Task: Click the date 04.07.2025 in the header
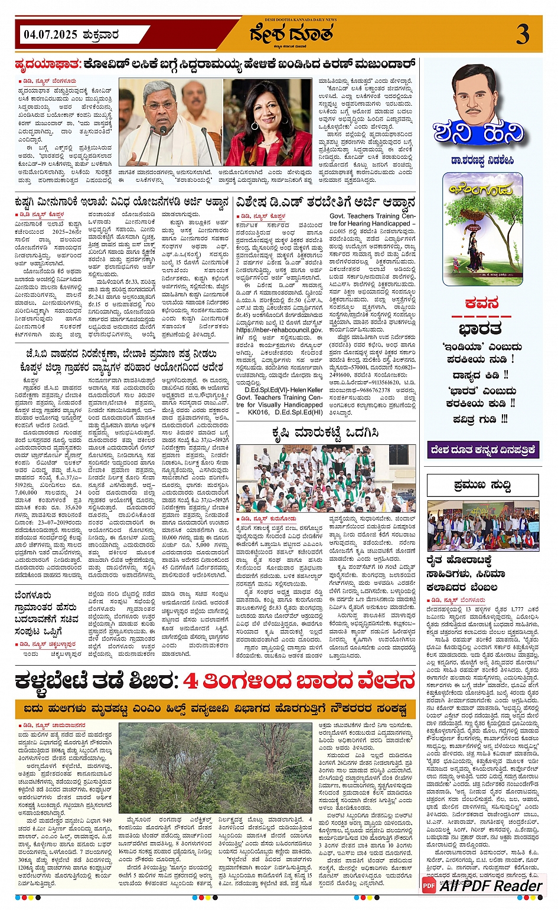point(50,35)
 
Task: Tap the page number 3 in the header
point(523,35)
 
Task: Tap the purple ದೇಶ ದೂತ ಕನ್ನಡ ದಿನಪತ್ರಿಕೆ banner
point(483,450)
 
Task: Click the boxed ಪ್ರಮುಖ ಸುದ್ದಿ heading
point(482,485)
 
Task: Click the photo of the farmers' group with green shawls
point(327,478)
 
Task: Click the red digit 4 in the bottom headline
point(190,681)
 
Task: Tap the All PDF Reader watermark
point(482,885)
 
